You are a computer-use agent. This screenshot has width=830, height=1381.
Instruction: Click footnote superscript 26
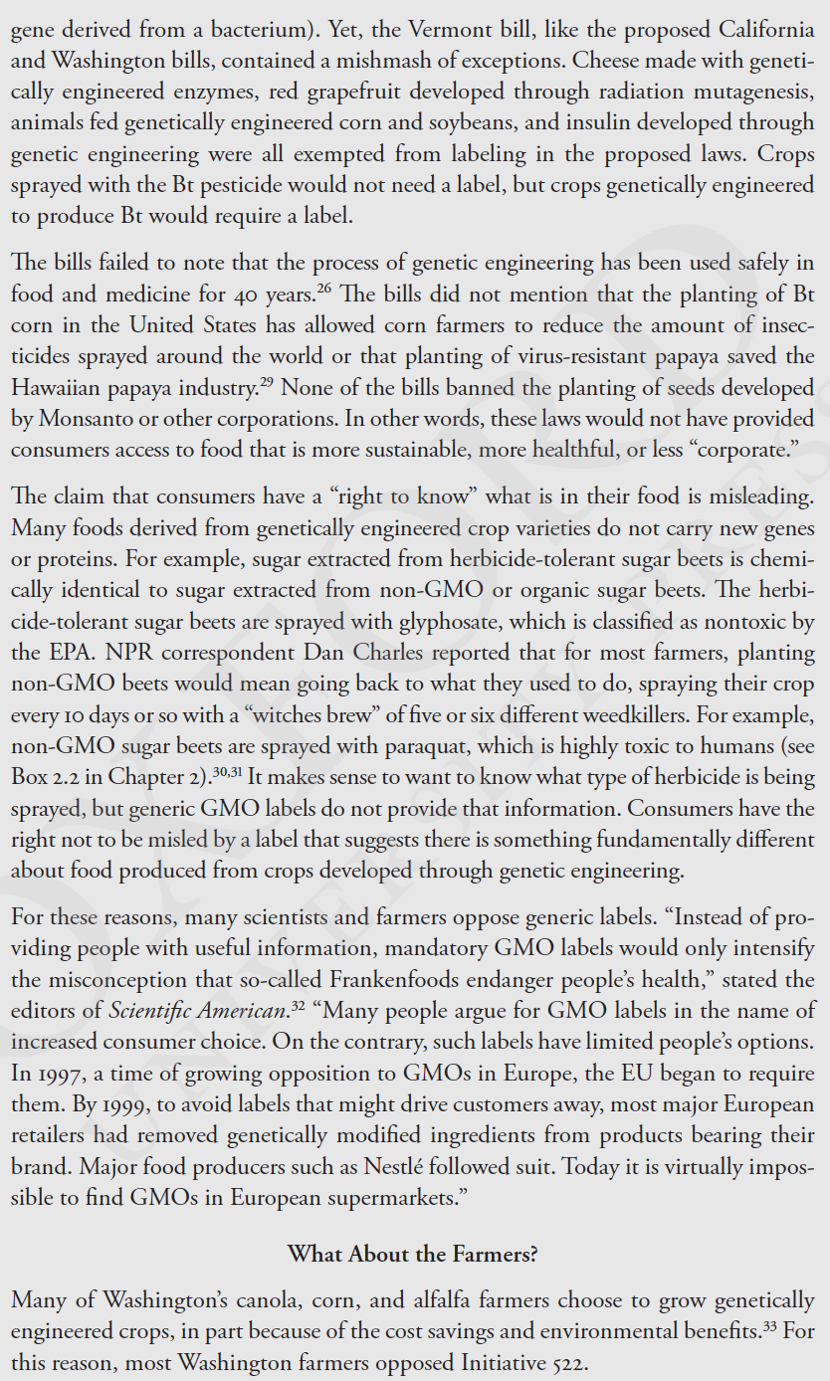click(325, 290)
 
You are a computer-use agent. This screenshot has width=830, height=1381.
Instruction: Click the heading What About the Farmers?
click(413, 1254)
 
